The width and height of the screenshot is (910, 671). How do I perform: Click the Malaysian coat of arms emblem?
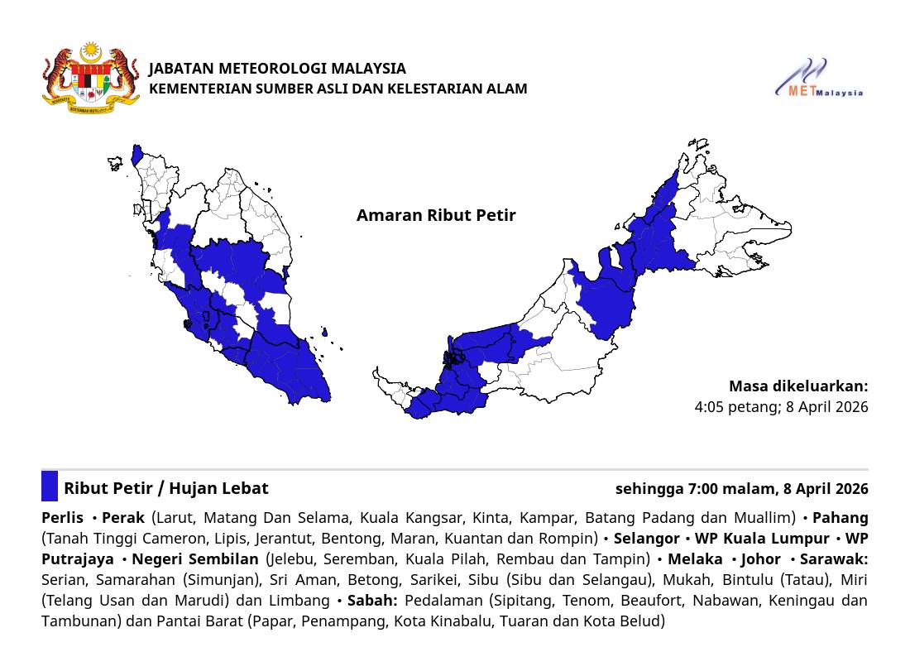point(91,78)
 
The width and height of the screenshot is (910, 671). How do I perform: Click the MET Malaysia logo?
point(818,79)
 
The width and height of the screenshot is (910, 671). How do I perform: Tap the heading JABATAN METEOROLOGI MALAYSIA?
point(277,68)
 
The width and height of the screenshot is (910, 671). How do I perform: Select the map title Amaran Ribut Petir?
point(436,215)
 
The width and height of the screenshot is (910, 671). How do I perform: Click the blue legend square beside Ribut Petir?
point(50,486)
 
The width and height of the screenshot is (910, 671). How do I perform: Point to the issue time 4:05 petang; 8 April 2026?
point(781,406)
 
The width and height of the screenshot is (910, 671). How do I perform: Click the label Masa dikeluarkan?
point(798,386)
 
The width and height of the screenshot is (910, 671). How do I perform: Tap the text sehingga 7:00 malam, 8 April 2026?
point(741,488)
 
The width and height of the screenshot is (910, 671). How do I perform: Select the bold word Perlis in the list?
point(62,518)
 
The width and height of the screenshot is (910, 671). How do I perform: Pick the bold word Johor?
point(760,559)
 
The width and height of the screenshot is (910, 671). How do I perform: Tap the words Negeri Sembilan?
point(195,559)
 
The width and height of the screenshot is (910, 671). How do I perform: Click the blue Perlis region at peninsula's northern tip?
point(137,155)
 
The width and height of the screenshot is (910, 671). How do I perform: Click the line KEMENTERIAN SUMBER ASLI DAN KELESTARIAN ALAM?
point(338,89)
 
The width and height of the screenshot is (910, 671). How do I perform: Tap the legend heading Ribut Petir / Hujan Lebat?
point(166,488)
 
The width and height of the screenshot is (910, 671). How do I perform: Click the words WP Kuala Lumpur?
point(762,539)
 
